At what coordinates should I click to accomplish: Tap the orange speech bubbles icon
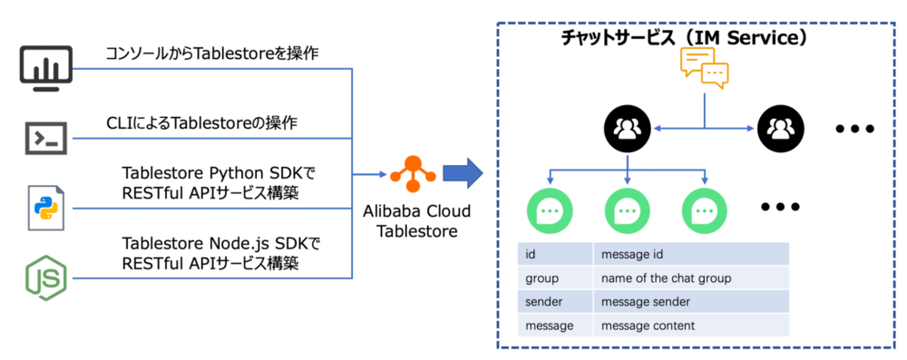point(705,68)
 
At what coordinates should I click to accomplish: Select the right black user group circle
point(781,129)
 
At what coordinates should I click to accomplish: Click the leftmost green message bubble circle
point(550,209)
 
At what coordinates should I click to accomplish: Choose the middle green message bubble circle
point(628,209)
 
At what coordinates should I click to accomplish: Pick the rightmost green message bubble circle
point(705,209)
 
